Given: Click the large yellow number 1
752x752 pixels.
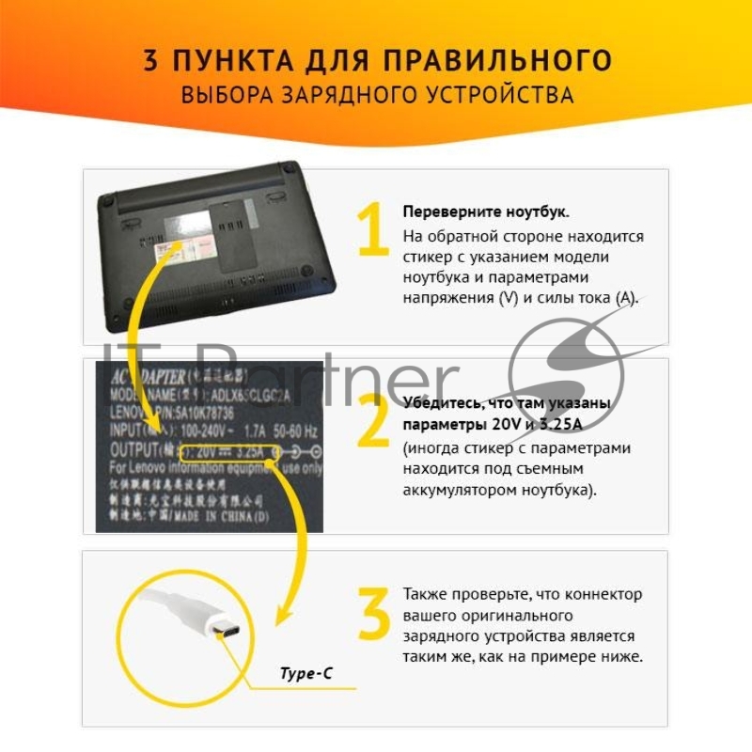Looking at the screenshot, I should (373, 229).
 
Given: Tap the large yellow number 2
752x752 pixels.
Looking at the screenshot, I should (373, 421).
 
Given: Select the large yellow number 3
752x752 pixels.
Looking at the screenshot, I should (373, 614).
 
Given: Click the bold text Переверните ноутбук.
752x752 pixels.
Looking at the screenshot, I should (472, 211).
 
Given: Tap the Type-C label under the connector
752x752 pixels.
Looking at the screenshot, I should (305, 673).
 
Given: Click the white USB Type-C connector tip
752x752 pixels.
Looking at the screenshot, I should (227, 631).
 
